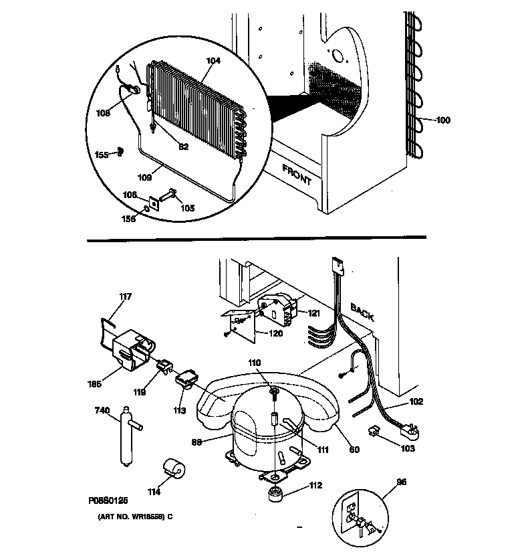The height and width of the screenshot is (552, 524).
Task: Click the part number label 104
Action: (x=213, y=60)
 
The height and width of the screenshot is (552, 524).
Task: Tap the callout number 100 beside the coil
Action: (x=443, y=120)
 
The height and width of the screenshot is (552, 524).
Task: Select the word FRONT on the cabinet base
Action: (x=297, y=174)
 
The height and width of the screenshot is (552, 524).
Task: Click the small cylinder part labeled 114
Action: (x=174, y=470)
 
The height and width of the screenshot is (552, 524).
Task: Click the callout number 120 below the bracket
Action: (x=275, y=333)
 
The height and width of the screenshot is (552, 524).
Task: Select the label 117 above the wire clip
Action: (x=126, y=296)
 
